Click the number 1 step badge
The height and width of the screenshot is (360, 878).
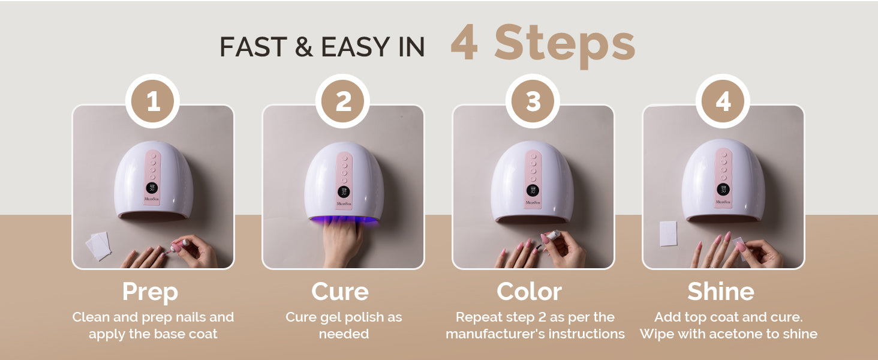pos(153,101)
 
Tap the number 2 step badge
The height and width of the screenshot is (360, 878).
pos(343,101)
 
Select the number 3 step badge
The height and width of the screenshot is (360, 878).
pos(533,101)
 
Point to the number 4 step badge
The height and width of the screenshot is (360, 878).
pos(723,101)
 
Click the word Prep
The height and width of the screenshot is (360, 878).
pos(150,292)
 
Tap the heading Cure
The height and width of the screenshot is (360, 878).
pos(340,292)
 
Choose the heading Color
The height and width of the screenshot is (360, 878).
pos(529,292)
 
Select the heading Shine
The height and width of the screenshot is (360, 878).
pos(721,292)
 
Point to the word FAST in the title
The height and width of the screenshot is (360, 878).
pos(253,47)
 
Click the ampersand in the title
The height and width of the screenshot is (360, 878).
pos(304,47)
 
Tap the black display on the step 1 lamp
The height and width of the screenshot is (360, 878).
pos(152,188)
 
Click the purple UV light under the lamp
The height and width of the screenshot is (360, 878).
pos(344,220)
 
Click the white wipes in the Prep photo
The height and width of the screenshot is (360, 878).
pos(98,245)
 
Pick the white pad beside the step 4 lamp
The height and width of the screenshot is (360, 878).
pos(668,234)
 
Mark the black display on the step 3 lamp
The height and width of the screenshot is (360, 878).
pos(533,191)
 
